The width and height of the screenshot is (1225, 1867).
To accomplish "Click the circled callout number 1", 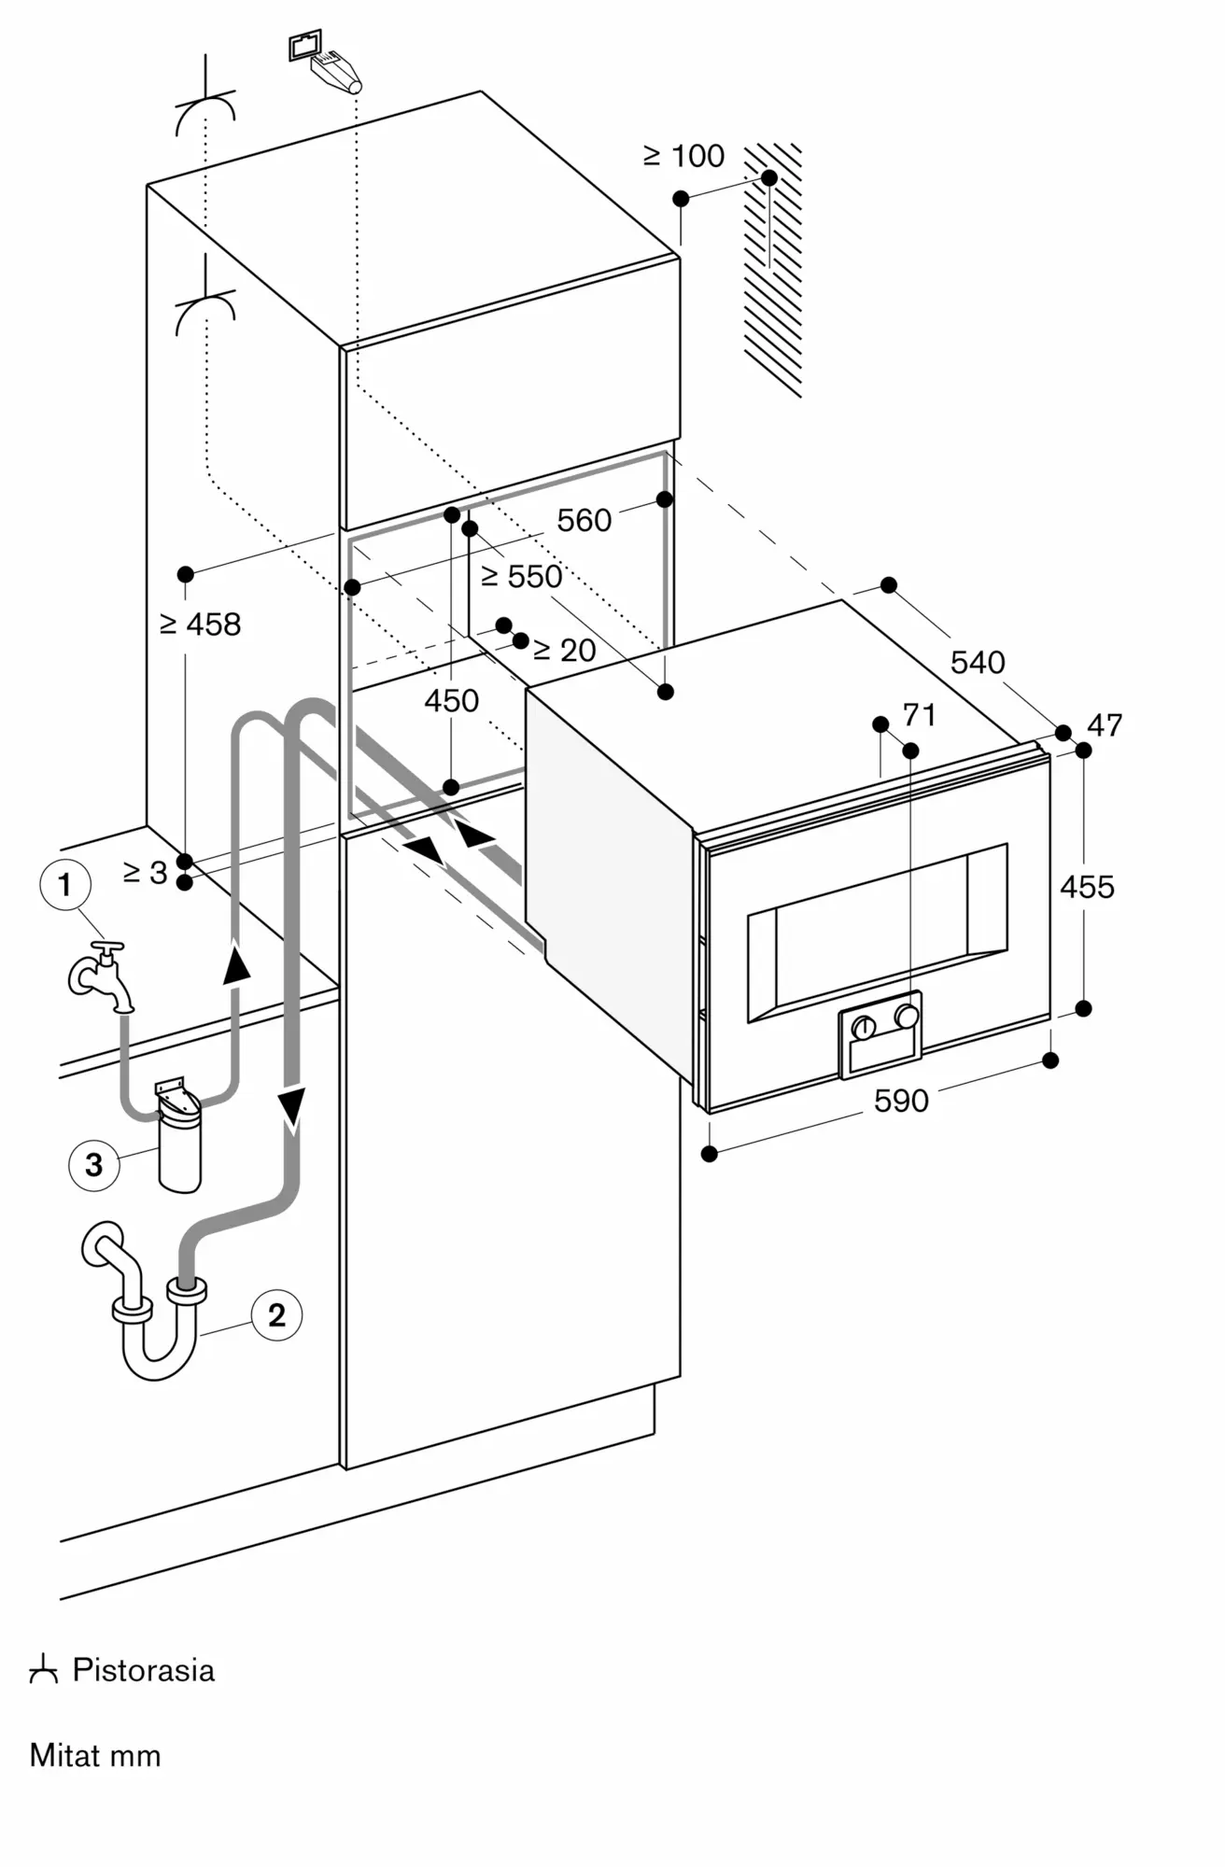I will [x=64, y=884].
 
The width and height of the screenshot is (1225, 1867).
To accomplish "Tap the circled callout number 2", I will [x=276, y=1315].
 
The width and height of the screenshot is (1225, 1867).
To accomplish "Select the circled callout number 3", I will [x=93, y=1164].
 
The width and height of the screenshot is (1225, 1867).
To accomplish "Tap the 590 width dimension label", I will [x=901, y=1102].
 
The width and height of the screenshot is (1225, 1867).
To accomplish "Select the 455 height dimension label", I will [x=1088, y=887].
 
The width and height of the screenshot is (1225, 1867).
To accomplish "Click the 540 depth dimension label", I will [x=978, y=663].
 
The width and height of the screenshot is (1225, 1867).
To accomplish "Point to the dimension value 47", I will [x=1105, y=725].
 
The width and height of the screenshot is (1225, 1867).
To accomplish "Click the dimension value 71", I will [x=920, y=715].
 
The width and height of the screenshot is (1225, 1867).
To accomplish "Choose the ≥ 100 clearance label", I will [x=684, y=156].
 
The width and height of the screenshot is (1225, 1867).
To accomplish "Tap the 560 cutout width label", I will [x=584, y=520].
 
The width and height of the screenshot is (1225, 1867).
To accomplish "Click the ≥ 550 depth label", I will [x=522, y=577].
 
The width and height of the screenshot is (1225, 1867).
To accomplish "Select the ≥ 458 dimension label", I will [x=201, y=625].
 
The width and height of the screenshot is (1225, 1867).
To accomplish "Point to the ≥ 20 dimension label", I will [x=564, y=650].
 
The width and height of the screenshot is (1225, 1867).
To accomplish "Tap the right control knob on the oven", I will [x=906, y=1016].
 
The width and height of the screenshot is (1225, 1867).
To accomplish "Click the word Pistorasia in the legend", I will [x=144, y=1670].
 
